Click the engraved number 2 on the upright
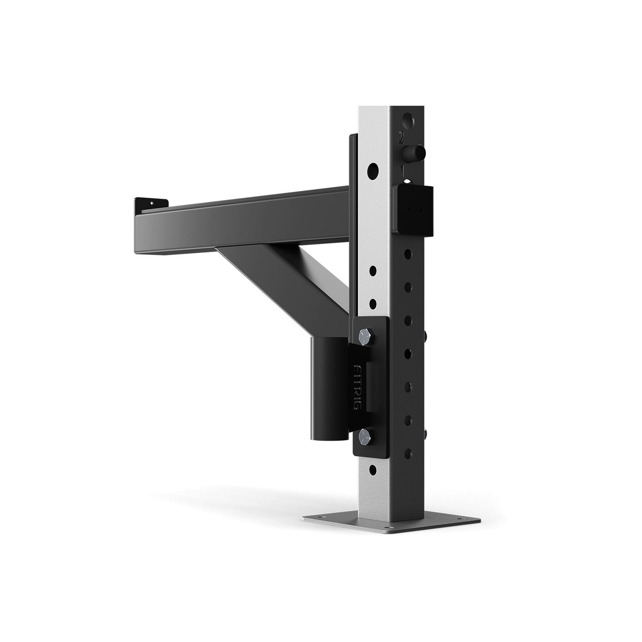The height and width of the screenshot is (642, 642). click(x=401, y=138)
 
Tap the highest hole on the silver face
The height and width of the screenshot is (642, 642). click(x=372, y=169)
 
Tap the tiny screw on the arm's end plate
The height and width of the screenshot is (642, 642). click(x=152, y=203)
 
